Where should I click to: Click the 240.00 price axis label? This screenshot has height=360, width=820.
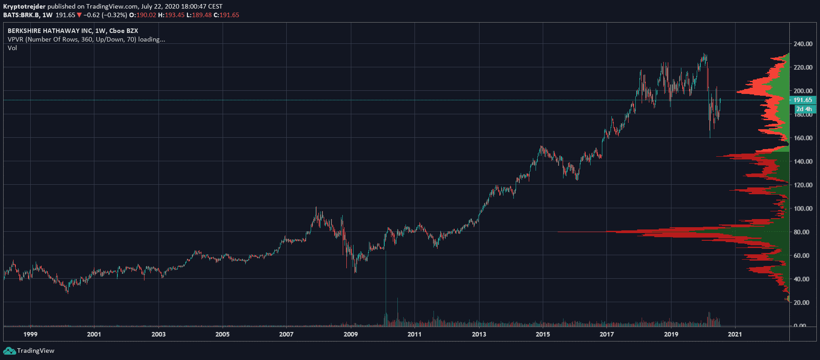pos(803,44)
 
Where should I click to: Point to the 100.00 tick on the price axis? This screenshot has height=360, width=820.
pos(803,208)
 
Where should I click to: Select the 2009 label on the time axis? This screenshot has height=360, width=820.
pos(350,334)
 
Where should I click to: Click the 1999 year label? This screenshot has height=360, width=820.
pos(30,334)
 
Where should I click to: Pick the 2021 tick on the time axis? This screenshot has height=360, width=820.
pos(735,334)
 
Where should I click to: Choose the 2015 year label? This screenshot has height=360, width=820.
pos(543,334)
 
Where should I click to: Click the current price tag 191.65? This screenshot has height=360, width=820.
pos(802,100)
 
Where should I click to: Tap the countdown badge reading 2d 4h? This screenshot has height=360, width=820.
pos(804,109)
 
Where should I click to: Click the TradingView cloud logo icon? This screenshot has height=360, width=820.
pos(9,351)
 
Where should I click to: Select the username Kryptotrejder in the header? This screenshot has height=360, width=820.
pos(24,6)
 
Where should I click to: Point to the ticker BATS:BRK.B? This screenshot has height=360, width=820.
pos(21,15)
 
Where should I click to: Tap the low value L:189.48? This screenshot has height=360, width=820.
pos(199,15)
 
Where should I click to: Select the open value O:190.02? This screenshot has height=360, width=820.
pos(143,15)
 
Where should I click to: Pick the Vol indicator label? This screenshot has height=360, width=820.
pos(12,48)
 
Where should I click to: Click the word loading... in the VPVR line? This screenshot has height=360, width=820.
pos(151,39)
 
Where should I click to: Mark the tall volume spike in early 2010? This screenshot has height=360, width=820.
pos(386,289)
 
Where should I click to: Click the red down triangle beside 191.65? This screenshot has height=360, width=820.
pos(79,15)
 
